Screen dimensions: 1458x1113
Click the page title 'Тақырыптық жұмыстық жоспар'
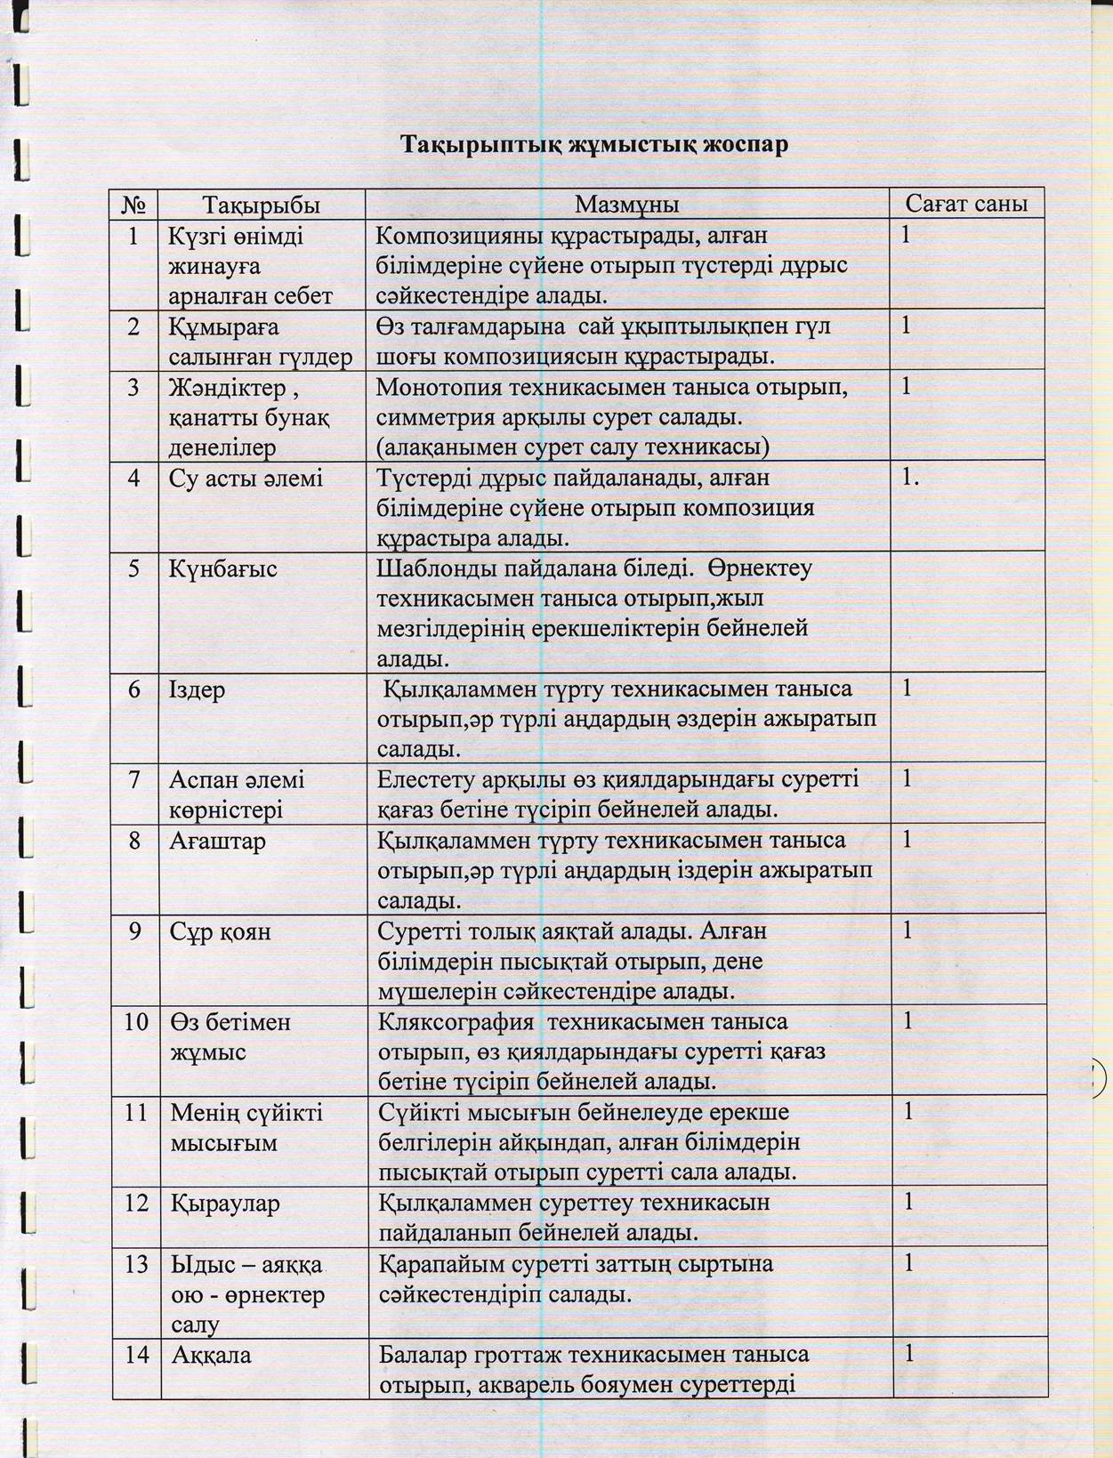tap(593, 145)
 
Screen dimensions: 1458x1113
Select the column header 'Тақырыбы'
tap(261, 205)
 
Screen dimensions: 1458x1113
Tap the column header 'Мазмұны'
tap(626, 205)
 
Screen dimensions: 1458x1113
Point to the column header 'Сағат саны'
tap(966, 204)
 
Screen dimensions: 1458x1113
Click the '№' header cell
tap(134, 205)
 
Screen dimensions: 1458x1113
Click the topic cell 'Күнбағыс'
tap(223, 569)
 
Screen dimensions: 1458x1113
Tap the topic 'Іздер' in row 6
tap(198, 690)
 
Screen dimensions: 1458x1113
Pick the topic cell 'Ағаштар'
tap(218, 841)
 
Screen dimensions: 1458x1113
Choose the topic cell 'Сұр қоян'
tap(221, 931)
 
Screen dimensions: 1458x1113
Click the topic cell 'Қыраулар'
tap(225, 1204)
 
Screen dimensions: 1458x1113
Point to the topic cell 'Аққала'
tap(211, 1356)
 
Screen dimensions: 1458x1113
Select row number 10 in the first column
tap(136, 1022)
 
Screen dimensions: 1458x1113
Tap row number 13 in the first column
tap(136, 1264)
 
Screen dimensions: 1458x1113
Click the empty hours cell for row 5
tap(967, 612)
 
